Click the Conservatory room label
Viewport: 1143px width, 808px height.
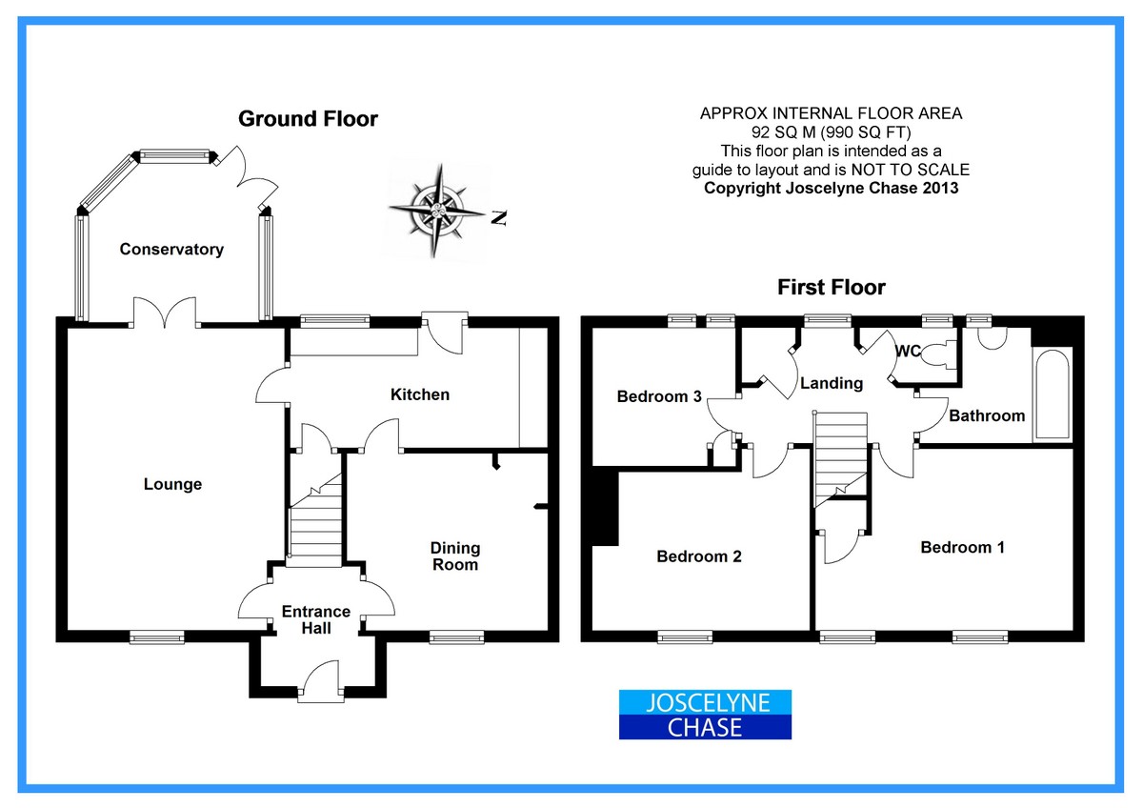click(x=171, y=250)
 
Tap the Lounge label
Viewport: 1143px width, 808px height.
click(x=172, y=484)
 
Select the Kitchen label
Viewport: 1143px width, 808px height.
click(x=420, y=394)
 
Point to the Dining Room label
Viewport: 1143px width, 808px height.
click(x=455, y=556)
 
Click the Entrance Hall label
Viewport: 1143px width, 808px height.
click(x=316, y=619)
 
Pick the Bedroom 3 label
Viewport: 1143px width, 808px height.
click(x=659, y=396)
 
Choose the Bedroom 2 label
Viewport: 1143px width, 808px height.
click(x=699, y=556)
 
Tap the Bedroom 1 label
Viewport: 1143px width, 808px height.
click(x=962, y=547)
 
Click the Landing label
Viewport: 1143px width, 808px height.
click(x=832, y=383)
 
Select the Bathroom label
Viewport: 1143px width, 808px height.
click(x=987, y=415)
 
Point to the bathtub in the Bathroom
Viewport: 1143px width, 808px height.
click(x=1053, y=394)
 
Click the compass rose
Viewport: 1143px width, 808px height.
click(x=437, y=209)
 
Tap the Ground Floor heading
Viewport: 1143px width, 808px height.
click(x=308, y=119)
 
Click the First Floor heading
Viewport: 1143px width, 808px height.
click(x=832, y=287)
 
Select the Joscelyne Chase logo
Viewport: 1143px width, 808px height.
click(x=706, y=716)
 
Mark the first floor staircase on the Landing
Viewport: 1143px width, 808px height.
click(x=842, y=453)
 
